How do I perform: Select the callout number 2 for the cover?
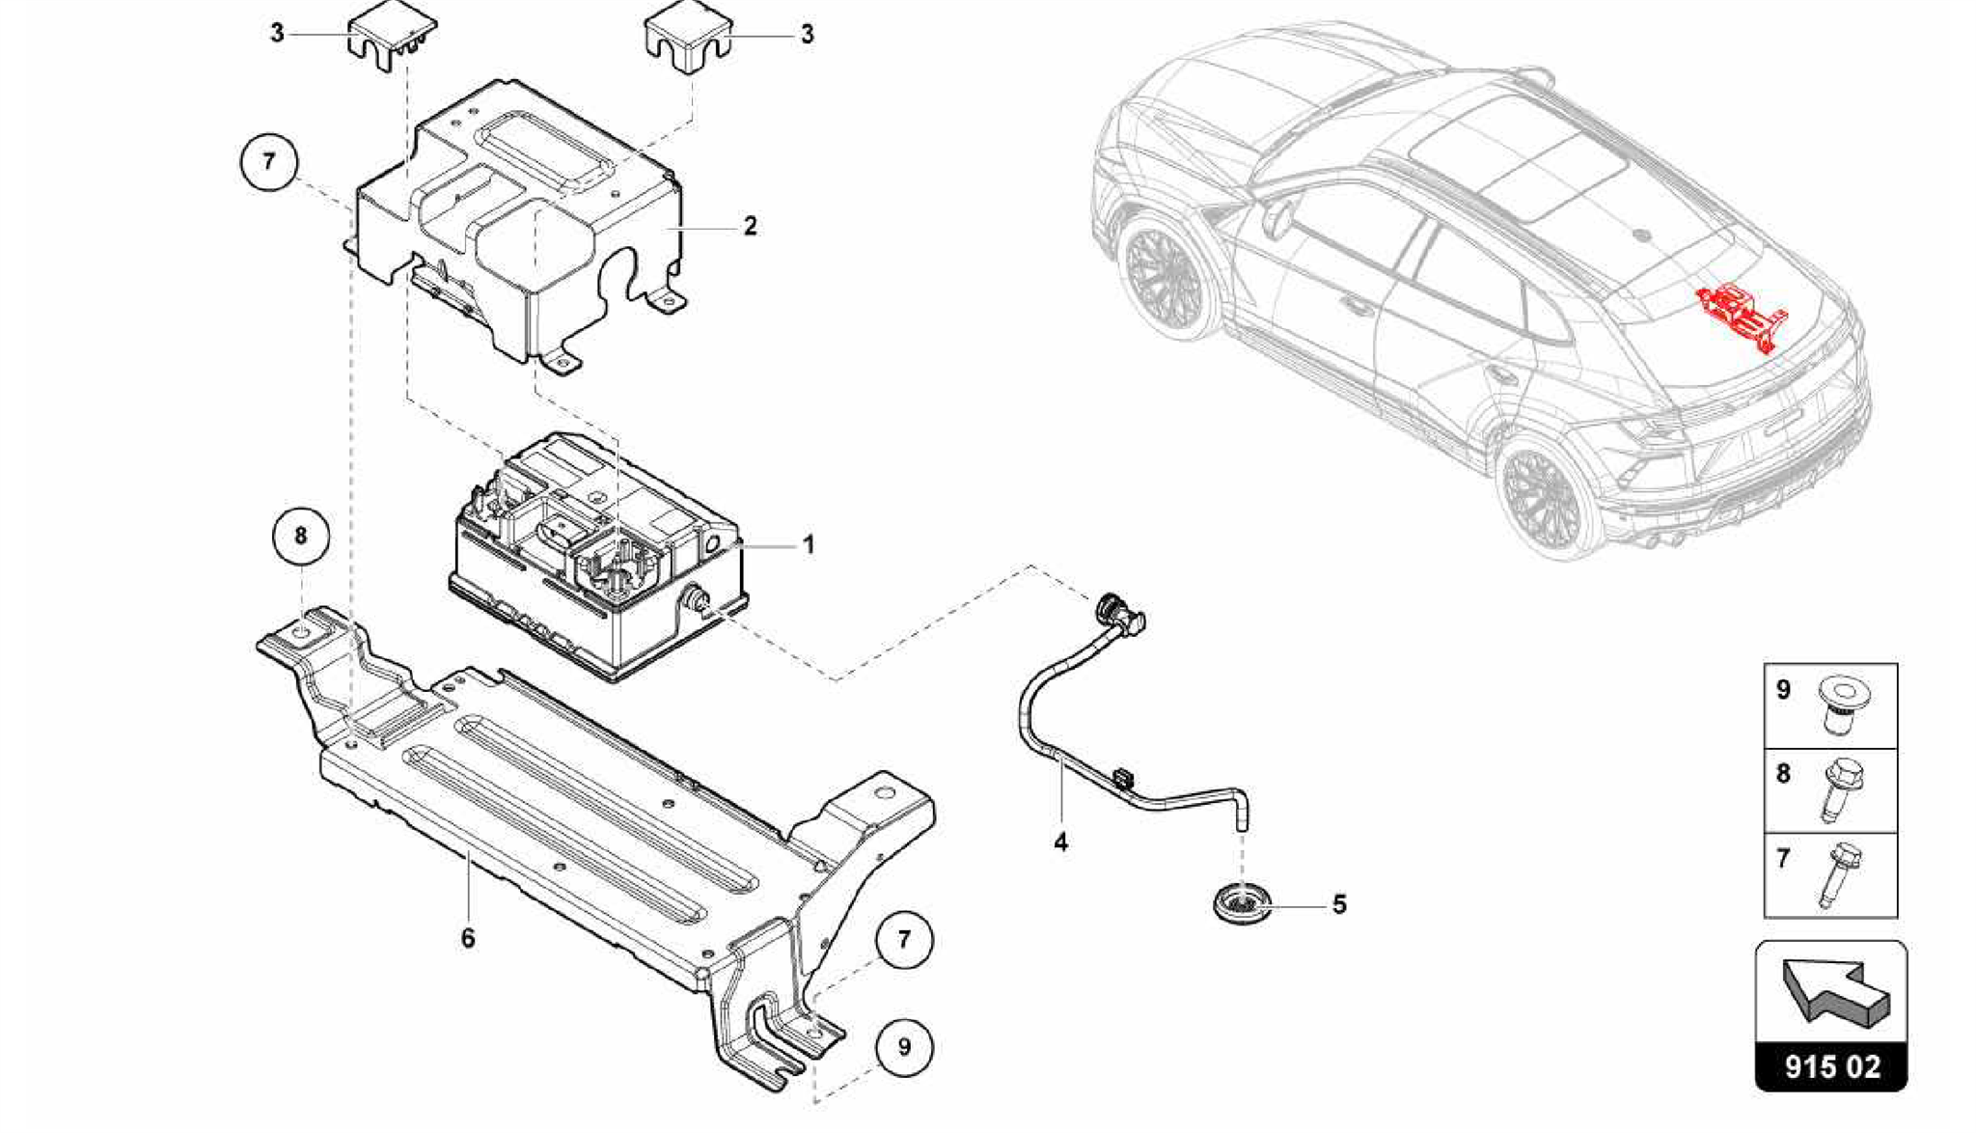click(x=750, y=227)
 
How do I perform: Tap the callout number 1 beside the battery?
click(x=809, y=545)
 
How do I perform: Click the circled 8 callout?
click(x=300, y=536)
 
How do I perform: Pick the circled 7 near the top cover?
click(x=268, y=161)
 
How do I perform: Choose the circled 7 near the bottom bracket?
click(x=904, y=939)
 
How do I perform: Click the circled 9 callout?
click(x=904, y=1047)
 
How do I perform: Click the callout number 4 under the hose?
click(x=1060, y=843)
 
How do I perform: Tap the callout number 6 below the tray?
click(x=468, y=938)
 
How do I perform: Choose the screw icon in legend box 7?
click(x=1840, y=873)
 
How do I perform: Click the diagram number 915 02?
click(x=1831, y=1067)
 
